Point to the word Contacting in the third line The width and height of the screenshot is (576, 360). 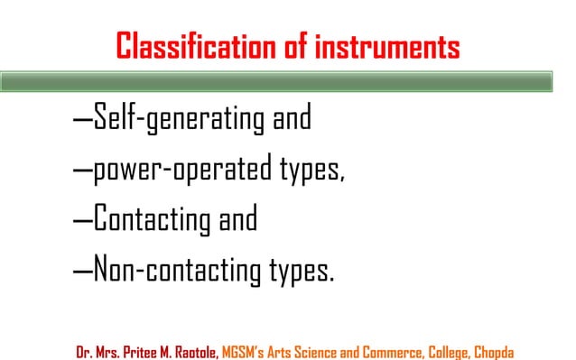click(x=154, y=219)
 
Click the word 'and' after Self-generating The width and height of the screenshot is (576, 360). click(x=288, y=117)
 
